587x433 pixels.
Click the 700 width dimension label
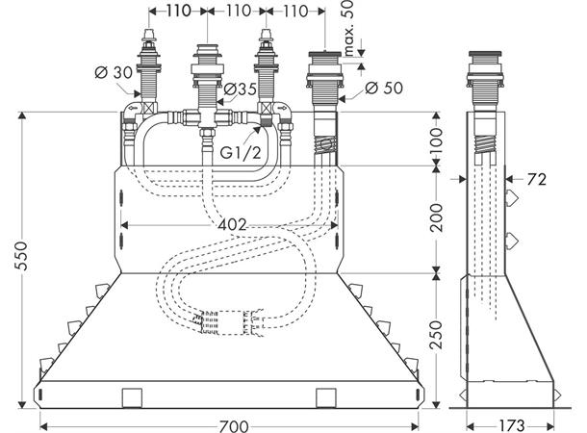point(234,426)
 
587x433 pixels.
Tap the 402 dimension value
point(233,225)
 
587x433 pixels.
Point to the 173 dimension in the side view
point(512,426)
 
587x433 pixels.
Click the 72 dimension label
point(536,180)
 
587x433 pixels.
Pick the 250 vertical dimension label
point(437,334)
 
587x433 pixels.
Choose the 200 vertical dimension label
point(437,217)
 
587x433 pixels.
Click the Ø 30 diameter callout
point(114,72)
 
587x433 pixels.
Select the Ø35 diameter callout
point(241,89)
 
